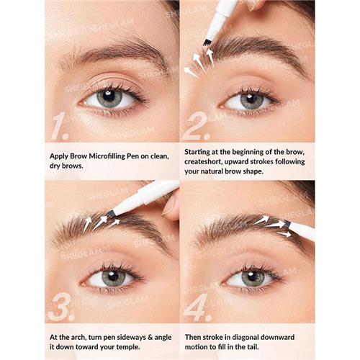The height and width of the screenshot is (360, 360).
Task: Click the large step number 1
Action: (x=60, y=127)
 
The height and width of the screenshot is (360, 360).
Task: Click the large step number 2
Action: (x=194, y=126)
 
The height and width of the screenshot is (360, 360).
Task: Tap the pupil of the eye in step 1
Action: (x=109, y=98)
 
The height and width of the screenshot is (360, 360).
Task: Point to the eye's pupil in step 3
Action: (x=109, y=276)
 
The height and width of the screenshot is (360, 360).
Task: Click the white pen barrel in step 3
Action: (x=148, y=197)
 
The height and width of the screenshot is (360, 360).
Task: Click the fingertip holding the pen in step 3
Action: (x=170, y=206)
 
